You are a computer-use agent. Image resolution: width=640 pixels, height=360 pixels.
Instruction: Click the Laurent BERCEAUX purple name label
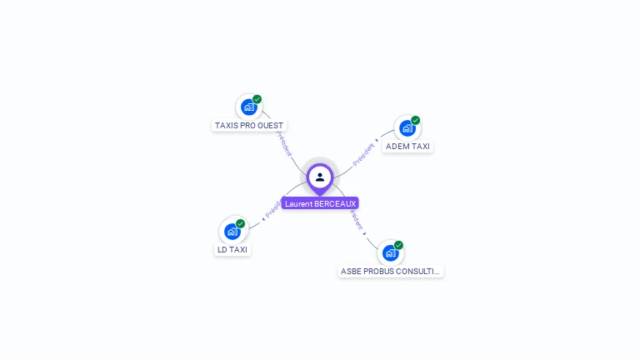click(x=320, y=203)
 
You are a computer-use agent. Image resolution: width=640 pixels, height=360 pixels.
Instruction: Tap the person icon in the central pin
click(x=320, y=177)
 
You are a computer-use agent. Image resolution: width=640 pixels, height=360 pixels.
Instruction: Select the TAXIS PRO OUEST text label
click(x=249, y=126)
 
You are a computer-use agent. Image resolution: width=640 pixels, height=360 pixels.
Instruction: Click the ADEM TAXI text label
click(x=407, y=147)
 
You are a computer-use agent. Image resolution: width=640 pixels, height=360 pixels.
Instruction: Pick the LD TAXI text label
click(x=232, y=249)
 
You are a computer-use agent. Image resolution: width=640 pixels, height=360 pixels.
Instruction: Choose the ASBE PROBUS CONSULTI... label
click(x=391, y=272)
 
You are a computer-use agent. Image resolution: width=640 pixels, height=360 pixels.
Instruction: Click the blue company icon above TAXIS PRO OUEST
click(x=248, y=107)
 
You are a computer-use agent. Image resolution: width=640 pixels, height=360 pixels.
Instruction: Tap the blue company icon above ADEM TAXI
click(x=407, y=127)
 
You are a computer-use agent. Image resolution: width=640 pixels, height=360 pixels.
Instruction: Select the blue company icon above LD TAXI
click(x=232, y=231)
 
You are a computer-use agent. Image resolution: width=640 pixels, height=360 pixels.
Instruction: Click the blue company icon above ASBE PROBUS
click(x=390, y=252)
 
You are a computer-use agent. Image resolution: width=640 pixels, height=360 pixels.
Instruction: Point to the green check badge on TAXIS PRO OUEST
click(x=257, y=99)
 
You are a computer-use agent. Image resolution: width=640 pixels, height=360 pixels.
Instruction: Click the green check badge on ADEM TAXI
click(x=416, y=120)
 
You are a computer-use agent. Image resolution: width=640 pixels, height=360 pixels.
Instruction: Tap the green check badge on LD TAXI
click(x=241, y=223)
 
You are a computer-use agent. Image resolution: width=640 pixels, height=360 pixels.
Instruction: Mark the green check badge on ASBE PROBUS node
click(x=399, y=245)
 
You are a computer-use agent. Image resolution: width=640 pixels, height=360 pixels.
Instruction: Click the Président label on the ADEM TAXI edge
click(x=364, y=154)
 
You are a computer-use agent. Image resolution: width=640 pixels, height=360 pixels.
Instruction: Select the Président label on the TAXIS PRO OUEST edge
click(x=283, y=142)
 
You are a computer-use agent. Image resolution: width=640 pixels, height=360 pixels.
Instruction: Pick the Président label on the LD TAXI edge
click(x=272, y=209)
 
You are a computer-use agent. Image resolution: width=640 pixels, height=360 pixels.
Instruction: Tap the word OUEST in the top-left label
click(x=270, y=126)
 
